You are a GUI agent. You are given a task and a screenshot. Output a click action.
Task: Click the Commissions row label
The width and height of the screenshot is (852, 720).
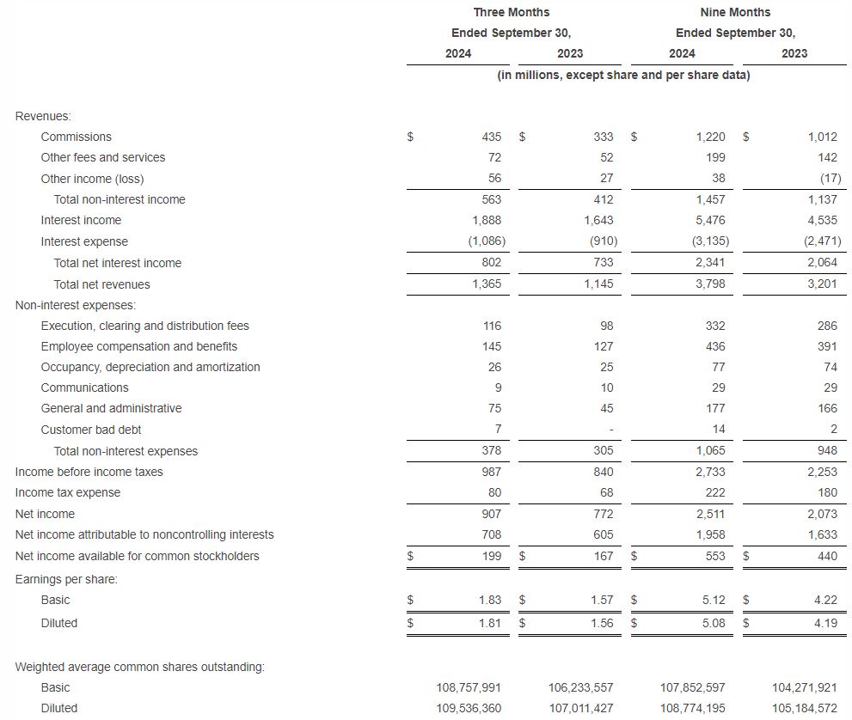[x=76, y=137]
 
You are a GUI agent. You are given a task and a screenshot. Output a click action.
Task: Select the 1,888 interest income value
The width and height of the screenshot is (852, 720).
[x=487, y=220]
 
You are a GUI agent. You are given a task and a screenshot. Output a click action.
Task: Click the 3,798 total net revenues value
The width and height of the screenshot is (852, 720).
[x=710, y=284]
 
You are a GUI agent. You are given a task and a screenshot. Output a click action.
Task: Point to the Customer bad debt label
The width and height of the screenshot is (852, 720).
[x=91, y=430]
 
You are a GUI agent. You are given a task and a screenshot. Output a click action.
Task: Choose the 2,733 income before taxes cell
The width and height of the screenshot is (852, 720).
[x=710, y=472]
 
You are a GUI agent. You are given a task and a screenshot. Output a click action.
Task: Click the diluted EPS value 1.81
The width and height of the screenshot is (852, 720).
[x=489, y=623]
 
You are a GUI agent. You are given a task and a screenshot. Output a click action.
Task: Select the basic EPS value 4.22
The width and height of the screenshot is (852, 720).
[x=824, y=600]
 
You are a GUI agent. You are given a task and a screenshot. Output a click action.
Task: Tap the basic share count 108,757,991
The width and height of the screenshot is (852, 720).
[x=469, y=687]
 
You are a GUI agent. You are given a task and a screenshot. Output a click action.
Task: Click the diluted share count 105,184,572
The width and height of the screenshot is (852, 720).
[x=806, y=708]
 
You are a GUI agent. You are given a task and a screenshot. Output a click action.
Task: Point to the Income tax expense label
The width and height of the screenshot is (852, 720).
[x=68, y=492]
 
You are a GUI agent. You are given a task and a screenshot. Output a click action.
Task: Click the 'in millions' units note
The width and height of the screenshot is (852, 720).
[x=623, y=75]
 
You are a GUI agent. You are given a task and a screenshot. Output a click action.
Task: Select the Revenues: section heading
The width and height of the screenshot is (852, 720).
[x=43, y=116]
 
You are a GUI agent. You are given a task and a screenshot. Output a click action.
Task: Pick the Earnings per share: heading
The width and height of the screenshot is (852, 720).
[x=66, y=579]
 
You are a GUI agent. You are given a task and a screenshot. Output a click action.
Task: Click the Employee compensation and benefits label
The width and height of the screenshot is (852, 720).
[x=139, y=346]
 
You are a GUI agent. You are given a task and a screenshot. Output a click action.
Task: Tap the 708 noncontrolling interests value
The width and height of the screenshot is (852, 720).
[x=491, y=534]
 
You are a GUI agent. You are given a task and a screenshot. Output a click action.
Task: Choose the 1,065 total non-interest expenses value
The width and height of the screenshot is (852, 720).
[x=710, y=451]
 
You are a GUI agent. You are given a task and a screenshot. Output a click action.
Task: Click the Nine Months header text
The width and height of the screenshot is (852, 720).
[x=735, y=12]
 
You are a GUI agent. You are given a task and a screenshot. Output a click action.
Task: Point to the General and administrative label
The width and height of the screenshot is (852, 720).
[x=111, y=408]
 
